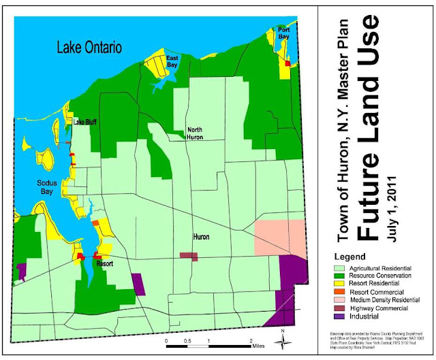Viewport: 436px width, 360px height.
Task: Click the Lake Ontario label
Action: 89,48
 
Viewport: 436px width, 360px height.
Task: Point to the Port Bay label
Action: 285,33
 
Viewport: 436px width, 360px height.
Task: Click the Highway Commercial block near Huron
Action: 188,256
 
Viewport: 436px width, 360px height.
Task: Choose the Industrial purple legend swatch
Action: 336,316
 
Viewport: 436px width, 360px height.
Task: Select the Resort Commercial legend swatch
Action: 336,291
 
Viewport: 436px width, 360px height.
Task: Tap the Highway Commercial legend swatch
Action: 336,308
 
